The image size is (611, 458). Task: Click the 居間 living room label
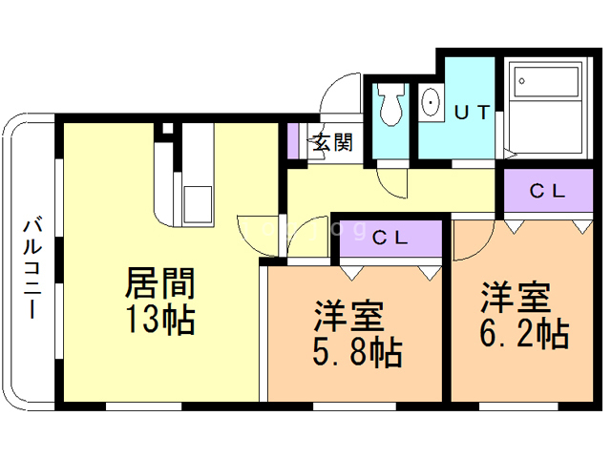[159, 284]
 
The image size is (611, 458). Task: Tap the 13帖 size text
[159, 318]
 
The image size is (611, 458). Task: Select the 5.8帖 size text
[355, 352]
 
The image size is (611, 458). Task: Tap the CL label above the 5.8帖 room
[390, 238]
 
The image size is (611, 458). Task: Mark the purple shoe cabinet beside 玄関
[294, 141]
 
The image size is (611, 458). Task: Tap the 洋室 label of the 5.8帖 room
[349, 315]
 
